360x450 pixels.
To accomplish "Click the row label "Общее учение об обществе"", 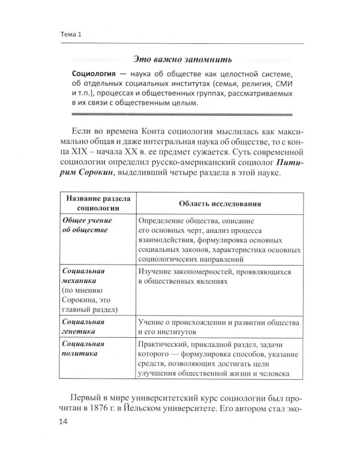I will coord(88,225).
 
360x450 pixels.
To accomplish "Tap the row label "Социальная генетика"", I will coord(84,326).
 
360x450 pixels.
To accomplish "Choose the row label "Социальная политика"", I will coord(84,349).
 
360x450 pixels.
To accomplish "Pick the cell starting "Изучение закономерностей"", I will coord(214,277).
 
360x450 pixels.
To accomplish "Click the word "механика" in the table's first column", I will coord(84,280).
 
